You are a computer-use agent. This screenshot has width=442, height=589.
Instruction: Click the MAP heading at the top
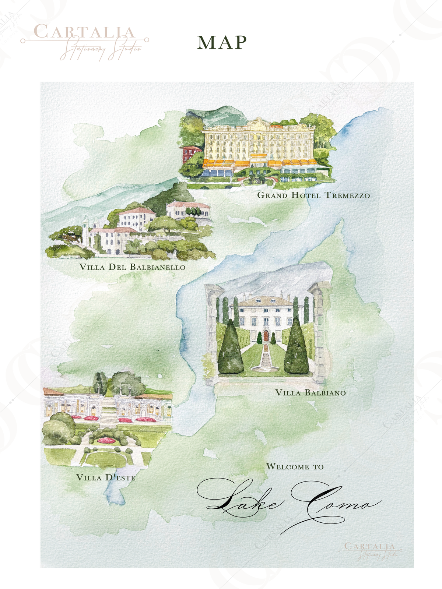click(x=222, y=42)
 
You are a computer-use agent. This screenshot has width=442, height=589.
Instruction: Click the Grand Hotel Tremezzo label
click(x=313, y=195)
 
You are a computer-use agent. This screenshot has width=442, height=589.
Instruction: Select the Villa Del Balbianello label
click(x=132, y=267)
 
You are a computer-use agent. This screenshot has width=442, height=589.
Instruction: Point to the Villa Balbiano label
click(x=311, y=393)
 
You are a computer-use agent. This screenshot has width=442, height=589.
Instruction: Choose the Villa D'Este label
click(x=106, y=478)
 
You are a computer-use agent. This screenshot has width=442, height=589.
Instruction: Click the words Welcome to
click(x=295, y=467)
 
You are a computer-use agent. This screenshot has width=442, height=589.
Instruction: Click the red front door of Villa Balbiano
click(x=266, y=336)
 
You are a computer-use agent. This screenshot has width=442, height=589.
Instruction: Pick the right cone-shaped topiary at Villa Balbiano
click(x=296, y=348)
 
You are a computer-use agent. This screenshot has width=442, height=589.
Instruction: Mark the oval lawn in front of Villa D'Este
click(x=107, y=458)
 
